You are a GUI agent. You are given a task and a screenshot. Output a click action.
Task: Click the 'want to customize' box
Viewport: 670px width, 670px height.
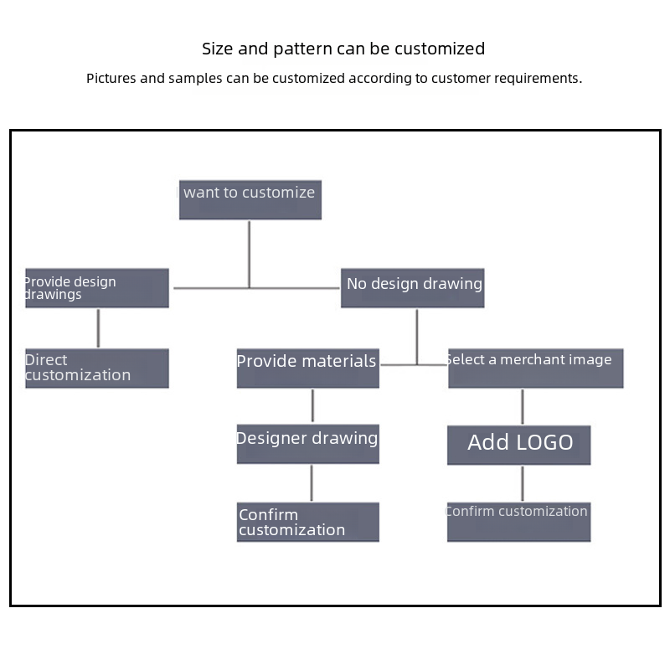(x=250, y=200)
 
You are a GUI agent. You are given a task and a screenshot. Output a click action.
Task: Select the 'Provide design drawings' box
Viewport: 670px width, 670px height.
(x=97, y=288)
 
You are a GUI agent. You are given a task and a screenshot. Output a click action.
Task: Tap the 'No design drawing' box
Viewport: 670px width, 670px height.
(x=413, y=288)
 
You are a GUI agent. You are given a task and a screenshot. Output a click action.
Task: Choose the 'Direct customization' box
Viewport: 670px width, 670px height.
(x=97, y=368)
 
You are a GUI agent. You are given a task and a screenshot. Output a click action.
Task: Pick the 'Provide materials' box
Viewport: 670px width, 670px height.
(x=308, y=368)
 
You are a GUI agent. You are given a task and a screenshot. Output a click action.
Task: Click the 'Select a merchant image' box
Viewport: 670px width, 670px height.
(x=536, y=368)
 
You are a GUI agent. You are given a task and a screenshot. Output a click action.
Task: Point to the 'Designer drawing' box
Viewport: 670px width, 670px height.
(x=308, y=444)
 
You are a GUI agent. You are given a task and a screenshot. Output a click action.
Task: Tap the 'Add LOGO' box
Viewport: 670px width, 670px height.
(x=519, y=446)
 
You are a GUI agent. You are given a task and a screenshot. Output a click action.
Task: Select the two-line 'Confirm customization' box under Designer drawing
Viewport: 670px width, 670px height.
(x=308, y=522)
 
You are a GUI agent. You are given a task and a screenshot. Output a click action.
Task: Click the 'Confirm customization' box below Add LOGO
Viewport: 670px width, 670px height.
(x=519, y=522)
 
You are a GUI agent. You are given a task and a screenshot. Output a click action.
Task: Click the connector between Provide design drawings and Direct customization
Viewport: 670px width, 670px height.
(x=98, y=328)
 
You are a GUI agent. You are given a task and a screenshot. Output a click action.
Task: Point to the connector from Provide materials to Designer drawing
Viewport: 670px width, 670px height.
(x=312, y=405)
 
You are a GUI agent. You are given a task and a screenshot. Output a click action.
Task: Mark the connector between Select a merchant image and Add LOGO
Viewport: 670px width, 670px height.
(x=523, y=407)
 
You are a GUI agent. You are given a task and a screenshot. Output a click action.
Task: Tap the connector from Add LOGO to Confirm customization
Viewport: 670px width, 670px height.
(x=523, y=484)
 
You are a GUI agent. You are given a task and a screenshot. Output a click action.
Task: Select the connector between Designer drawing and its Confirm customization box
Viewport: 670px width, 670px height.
(x=312, y=483)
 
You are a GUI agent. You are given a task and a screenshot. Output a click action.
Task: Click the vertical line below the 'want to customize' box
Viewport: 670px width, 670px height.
(x=249, y=255)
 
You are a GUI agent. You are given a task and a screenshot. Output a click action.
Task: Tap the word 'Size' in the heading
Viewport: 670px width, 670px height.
(x=218, y=49)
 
